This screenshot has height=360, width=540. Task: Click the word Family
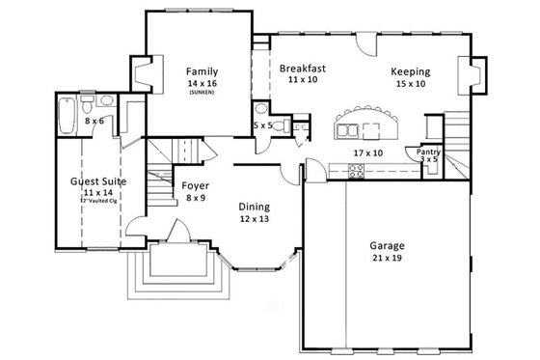202,71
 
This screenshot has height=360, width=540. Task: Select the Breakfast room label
302,69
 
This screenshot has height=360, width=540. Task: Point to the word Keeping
410,71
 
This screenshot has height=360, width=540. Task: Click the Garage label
389,245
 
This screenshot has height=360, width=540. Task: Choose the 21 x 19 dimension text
389,259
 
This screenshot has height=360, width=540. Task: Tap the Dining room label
255,207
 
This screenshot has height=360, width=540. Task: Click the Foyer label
196,185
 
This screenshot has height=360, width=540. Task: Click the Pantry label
427,152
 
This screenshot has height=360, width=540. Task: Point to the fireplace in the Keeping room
473,76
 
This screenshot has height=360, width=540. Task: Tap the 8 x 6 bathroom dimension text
94,123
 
